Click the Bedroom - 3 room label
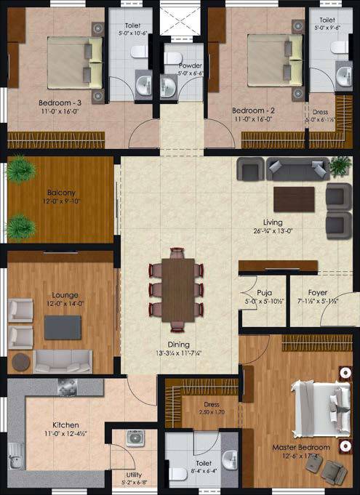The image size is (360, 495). [60, 103]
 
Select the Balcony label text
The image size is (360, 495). [57, 193]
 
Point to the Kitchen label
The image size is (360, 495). [65, 425]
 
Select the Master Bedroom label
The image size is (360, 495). [301, 447]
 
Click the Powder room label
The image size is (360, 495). [191, 65]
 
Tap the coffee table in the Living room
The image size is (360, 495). [294, 198]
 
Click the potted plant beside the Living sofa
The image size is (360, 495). [339, 165]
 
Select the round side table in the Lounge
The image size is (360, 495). [20, 361]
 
